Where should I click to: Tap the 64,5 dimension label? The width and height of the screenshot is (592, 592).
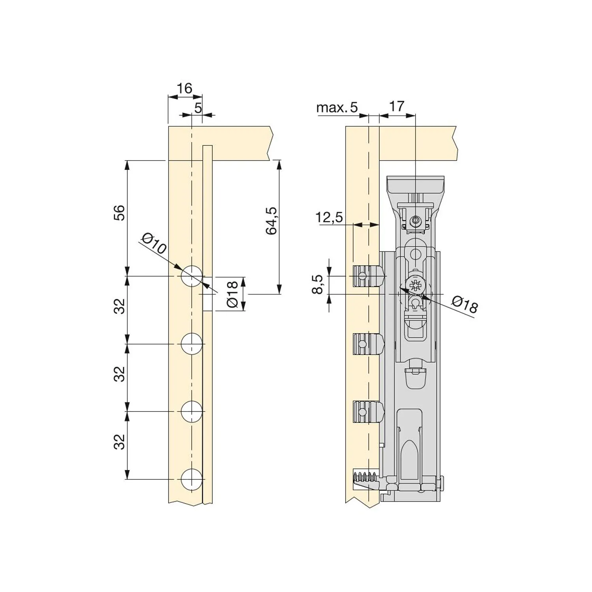[272, 221]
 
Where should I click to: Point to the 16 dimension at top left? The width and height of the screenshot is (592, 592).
[184, 88]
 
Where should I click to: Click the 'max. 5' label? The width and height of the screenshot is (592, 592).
[337, 107]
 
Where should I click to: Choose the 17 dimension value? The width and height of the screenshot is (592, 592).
[397, 106]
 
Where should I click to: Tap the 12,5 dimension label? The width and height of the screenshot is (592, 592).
[329, 217]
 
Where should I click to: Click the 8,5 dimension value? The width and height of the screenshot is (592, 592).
[317, 284]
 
